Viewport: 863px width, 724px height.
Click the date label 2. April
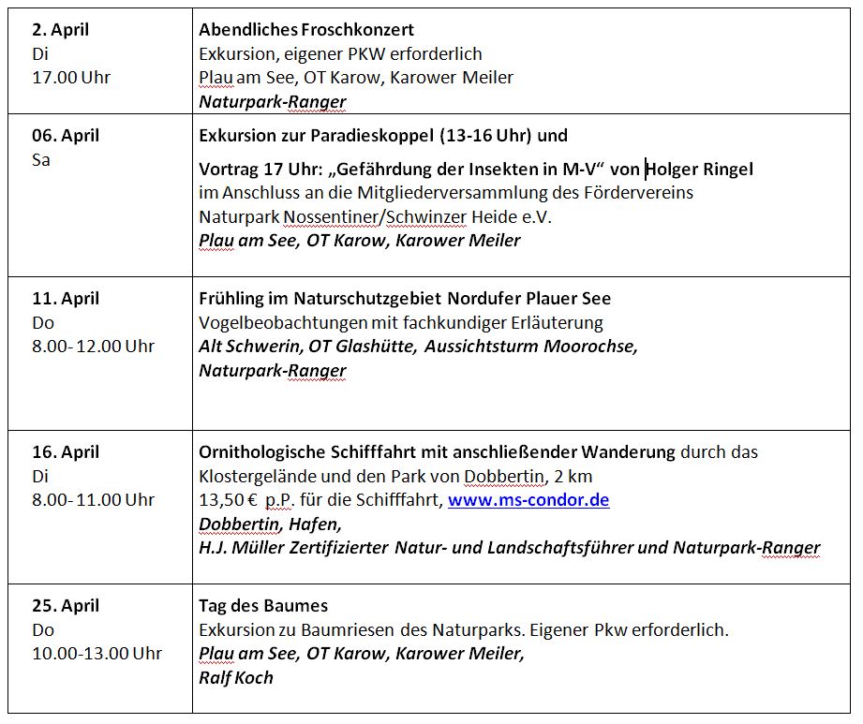(60, 30)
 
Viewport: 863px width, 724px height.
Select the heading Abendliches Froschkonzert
(306, 30)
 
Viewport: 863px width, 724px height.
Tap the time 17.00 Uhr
(71, 78)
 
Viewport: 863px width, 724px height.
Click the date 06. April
(65, 136)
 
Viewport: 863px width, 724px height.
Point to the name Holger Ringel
(700, 170)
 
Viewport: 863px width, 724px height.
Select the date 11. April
(65, 299)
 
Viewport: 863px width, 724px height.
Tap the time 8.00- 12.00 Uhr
(93, 347)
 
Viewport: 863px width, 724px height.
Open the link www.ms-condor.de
(528, 500)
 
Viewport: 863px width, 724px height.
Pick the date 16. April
(65, 452)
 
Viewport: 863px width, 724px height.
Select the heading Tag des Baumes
(263, 606)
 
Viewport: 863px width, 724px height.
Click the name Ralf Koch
(236, 677)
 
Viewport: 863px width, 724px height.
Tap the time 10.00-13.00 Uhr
(97, 654)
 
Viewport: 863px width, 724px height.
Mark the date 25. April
(65, 606)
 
